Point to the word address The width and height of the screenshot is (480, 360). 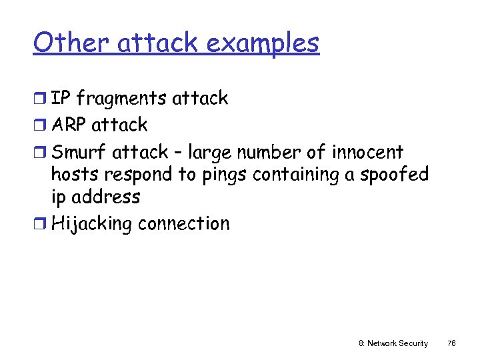pos(107,197)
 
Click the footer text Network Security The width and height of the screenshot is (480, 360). pos(393,343)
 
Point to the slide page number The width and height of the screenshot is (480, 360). pos(451,343)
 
